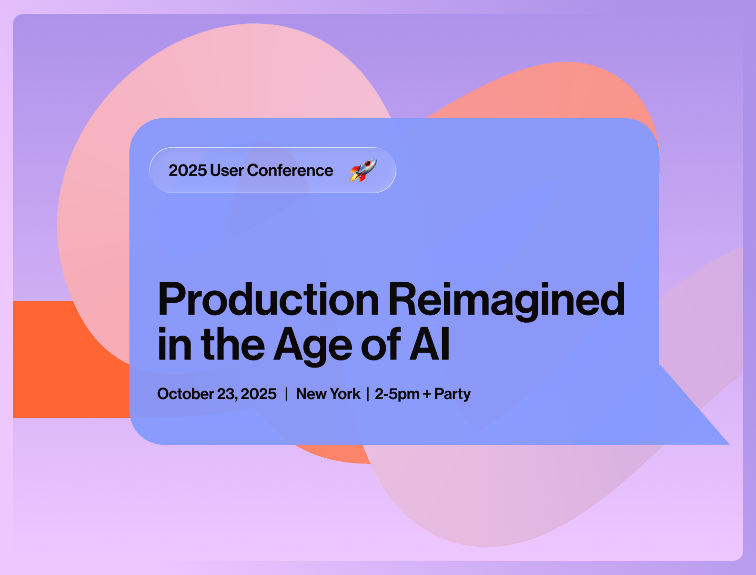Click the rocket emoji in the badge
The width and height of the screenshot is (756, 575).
pos(363,170)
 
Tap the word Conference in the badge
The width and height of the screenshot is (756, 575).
pos(290,170)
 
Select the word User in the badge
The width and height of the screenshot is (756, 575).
pos(227,170)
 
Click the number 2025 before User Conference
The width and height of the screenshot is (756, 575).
pos(188,170)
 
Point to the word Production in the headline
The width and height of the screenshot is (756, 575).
pos(268,298)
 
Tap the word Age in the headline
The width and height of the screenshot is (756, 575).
pos(312,346)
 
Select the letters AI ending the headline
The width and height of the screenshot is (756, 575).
pos(430,343)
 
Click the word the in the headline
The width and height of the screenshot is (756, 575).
pos(233,343)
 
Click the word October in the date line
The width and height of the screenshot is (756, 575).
pos(185,394)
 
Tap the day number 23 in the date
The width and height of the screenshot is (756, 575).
pos(227,394)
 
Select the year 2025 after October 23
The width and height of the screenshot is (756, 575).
pos(258,394)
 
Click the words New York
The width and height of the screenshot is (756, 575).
pos(328,394)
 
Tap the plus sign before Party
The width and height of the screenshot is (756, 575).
pos(427,394)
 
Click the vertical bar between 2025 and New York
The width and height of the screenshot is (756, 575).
pos(286,394)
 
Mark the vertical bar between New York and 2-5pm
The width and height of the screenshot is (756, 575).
pos(368,394)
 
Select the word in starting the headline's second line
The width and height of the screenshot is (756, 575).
pos(174,343)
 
